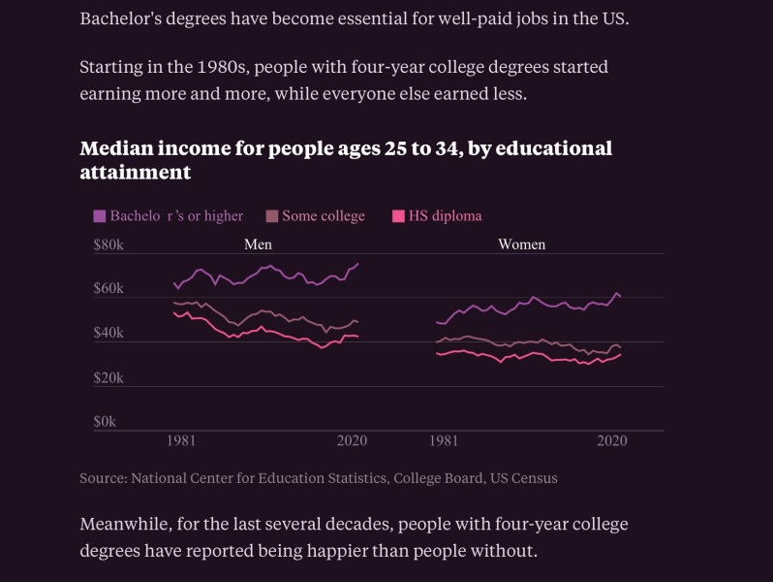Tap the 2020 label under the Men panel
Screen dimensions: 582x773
350,440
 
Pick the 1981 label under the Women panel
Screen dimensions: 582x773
444,440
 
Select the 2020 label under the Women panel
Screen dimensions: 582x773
612,440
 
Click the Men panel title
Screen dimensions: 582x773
258,244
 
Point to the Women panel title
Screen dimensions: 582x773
521,244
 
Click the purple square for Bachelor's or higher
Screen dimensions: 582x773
99,216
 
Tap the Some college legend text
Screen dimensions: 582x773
324,215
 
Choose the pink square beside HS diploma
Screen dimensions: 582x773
397,216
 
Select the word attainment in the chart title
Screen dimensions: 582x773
135,172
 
